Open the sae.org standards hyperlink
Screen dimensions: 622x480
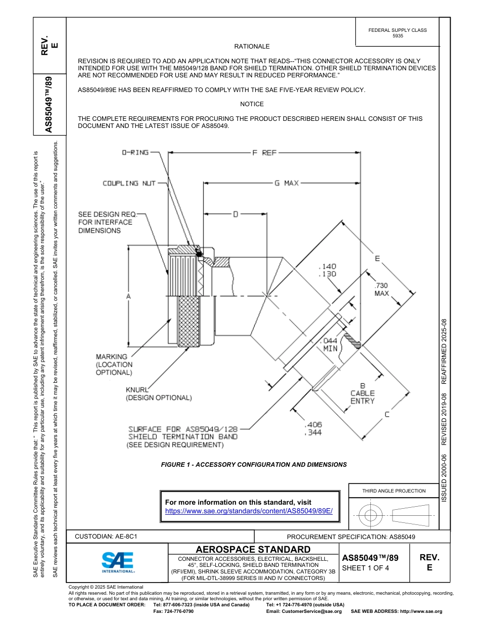tap(249, 511)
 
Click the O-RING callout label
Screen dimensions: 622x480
tap(135, 152)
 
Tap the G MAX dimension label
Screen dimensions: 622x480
tap(286, 183)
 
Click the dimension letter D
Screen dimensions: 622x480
tap(235, 214)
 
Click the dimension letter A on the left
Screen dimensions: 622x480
tap(128, 297)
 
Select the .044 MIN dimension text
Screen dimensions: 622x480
tap(330, 344)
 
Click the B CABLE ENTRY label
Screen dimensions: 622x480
tap(362, 393)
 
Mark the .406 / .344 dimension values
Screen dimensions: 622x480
tap(313, 429)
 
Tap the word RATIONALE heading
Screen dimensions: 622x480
tap(252, 47)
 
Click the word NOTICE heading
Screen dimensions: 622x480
tap(252, 104)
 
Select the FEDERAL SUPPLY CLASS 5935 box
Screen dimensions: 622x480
tap(397, 33)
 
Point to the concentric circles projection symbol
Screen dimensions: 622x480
tap(371, 516)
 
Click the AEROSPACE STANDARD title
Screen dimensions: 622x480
tap(253, 549)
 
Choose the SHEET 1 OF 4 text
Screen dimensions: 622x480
tap(366, 568)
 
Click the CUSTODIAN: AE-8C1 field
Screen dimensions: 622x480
tap(106, 537)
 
